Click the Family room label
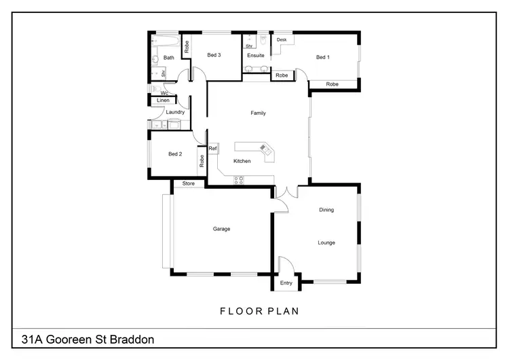tap(258, 113)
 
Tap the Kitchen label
tap(242, 161)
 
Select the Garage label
tap(221, 229)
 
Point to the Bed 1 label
tap(323, 57)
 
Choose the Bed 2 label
tap(175, 154)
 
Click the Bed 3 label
tap(214, 55)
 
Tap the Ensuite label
tap(256, 55)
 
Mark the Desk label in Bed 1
tap(282, 40)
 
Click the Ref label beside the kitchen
tap(212, 148)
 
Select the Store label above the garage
tap(188, 183)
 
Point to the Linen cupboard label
tap(163, 101)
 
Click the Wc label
tap(164, 92)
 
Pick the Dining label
tap(326, 210)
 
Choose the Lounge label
tap(326, 242)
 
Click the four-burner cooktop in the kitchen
tap(239, 179)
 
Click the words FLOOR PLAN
tap(259, 311)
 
